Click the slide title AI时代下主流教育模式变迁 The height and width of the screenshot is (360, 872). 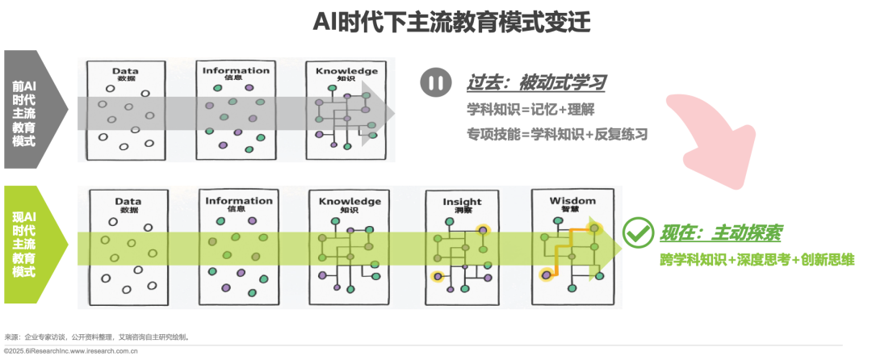451,23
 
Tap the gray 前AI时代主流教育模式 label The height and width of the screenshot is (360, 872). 23,111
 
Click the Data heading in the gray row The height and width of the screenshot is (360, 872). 126,71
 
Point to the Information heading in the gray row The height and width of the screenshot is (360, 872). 236,71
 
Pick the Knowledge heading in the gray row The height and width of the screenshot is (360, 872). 346,71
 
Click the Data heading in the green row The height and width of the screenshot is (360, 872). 128,201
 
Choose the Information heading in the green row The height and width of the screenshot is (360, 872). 239,201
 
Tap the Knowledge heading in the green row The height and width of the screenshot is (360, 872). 350,201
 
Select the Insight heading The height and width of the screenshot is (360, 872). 462,202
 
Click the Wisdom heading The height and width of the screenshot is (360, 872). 572,201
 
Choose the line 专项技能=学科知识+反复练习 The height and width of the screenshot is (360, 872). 557,133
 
